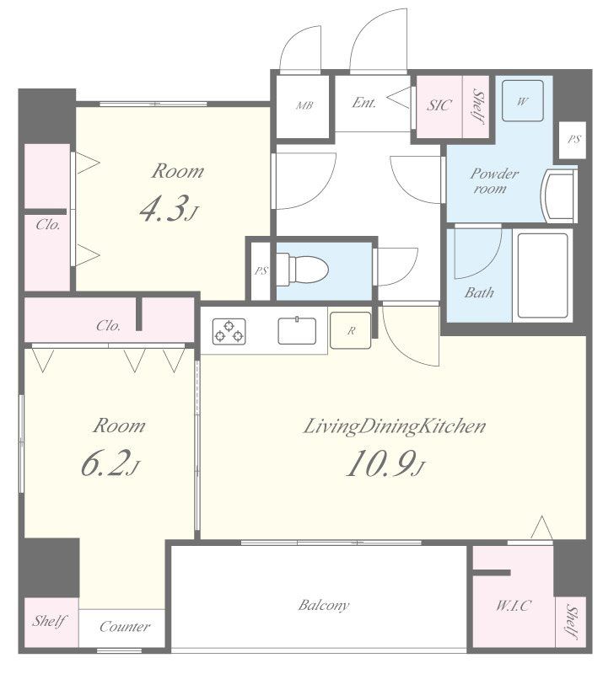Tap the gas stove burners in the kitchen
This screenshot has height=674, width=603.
pos(229,331)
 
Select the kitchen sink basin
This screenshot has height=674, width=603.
pos(297,330)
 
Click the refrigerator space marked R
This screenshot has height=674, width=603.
pos(351,330)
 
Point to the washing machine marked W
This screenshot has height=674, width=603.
pos(522,101)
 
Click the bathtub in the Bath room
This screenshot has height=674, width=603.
pos(543,275)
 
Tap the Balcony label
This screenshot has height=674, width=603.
pos(324,605)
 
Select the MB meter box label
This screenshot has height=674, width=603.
pos(304,104)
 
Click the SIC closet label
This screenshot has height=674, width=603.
pos(439,104)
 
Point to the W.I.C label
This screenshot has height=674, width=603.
pos(514,605)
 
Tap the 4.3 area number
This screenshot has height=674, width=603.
pos(170,208)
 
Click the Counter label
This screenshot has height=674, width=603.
pos(125,627)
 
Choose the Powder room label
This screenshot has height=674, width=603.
pos(493,180)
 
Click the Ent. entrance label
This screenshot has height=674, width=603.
pos(364,102)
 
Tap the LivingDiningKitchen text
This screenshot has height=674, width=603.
pos(394,426)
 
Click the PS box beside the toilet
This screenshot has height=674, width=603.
pos(261,270)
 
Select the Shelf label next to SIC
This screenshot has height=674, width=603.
pos(476,106)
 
